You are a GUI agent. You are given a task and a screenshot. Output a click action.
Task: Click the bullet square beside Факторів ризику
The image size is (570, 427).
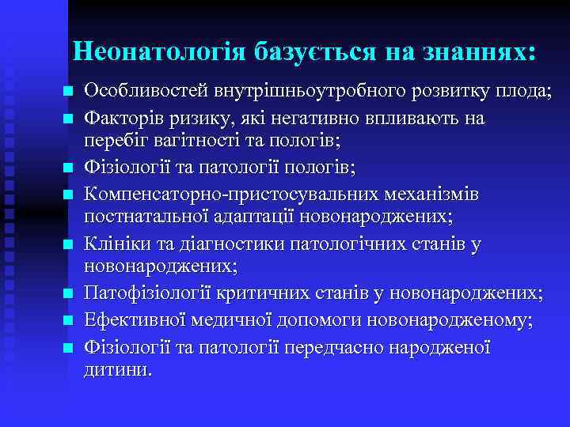click(69, 119)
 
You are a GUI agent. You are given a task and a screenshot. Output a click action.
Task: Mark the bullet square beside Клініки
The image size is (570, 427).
click(69, 244)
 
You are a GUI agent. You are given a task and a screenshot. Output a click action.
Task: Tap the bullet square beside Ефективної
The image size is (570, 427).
click(69, 320)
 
